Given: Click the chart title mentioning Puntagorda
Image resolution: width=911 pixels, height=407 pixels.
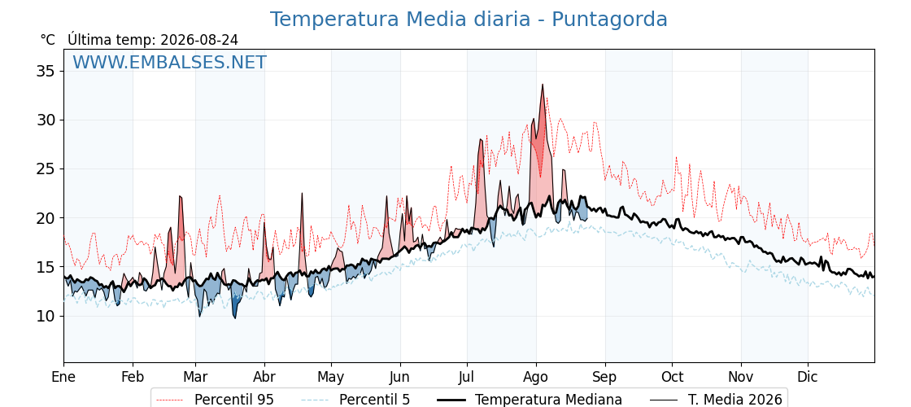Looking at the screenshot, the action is click(x=469, y=20).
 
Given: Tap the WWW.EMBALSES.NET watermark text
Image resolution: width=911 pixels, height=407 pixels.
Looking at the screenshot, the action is click(x=170, y=62).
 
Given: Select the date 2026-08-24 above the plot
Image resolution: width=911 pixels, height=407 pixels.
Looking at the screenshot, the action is click(x=199, y=40).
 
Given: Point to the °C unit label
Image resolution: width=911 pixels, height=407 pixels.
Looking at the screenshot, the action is click(x=48, y=40).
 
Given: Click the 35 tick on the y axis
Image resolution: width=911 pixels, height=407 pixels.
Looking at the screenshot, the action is click(x=46, y=72).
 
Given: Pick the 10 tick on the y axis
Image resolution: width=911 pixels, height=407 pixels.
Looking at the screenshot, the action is click(x=46, y=317).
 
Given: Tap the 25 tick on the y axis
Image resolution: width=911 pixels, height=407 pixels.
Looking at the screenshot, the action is click(x=46, y=169).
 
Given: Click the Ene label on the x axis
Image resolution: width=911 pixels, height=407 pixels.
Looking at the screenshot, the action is click(x=64, y=377).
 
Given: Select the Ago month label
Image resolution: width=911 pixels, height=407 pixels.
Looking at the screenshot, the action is click(x=536, y=377).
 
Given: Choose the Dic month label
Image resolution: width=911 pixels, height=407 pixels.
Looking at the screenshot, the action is click(x=808, y=377).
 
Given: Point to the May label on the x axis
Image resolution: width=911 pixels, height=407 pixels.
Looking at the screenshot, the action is click(x=331, y=377).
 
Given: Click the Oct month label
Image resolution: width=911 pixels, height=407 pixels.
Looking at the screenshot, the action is click(x=672, y=377).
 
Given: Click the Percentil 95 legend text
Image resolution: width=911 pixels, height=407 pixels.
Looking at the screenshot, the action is click(x=234, y=400).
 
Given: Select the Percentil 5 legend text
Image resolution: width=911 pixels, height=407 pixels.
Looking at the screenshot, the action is click(x=375, y=400).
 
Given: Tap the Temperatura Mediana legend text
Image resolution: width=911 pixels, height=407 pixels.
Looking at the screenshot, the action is click(x=548, y=400).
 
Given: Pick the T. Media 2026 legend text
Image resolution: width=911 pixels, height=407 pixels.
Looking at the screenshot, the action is click(x=735, y=400).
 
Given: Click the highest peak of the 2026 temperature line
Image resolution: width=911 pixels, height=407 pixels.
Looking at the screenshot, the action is click(x=543, y=85).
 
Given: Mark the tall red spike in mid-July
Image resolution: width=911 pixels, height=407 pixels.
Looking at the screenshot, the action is click(x=481, y=139).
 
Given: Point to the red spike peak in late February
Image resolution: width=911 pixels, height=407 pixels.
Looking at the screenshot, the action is click(x=180, y=196).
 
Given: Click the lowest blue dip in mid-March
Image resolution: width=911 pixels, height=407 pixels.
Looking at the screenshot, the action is click(x=235, y=318).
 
